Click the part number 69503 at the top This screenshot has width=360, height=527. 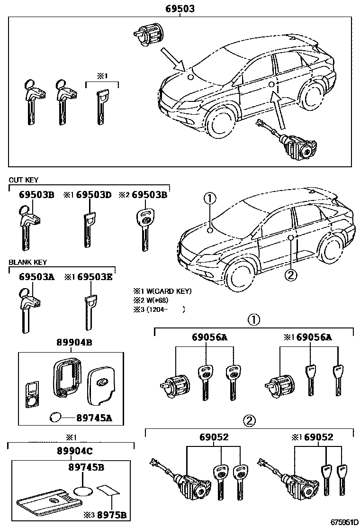tap(180, 9)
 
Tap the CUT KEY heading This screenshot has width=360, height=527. tap(23, 180)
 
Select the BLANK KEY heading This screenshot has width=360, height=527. tap(27, 262)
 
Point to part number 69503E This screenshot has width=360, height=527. tap(95, 277)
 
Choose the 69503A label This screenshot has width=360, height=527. tap(36, 277)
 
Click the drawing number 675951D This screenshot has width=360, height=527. tap(342, 522)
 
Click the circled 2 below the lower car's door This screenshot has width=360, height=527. tap(291, 273)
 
